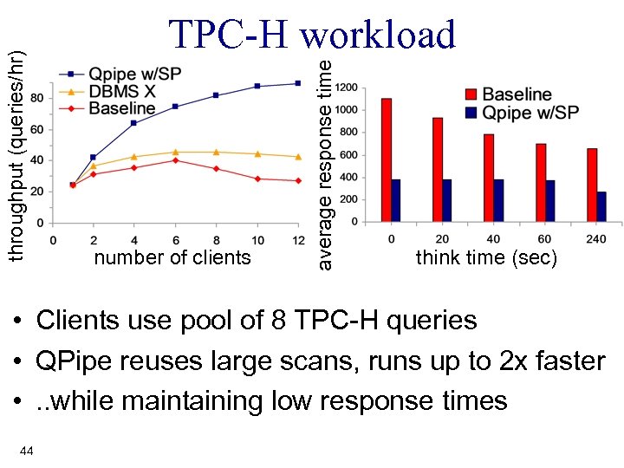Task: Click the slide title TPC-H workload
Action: tap(312, 35)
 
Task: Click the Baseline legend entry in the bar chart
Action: tap(517, 94)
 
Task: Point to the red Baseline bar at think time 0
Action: tap(387, 159)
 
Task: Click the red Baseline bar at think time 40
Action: tap(489, 178)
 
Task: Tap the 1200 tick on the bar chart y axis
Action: tap(347, 88)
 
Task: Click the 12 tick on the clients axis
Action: tap(297, 239)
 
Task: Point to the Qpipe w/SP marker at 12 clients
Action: tap(297, 83)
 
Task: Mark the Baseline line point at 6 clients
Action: tap(175, 160)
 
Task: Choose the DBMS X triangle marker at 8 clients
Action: tap(216, 152)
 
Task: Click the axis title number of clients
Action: tap(172, 257)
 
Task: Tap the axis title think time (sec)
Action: tap(486, 257)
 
